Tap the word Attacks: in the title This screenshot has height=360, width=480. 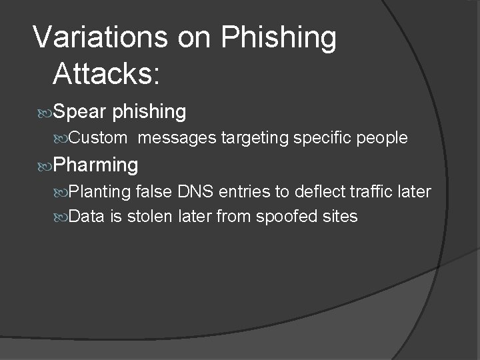click(106, 74)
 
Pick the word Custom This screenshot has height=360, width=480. click(97, 139)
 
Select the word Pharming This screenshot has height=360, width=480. click(96, 164)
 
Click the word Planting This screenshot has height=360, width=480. click(99, 192)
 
